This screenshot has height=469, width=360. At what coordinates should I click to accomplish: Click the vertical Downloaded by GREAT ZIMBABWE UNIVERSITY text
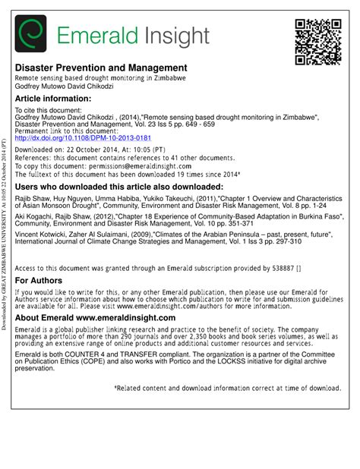(x=5, y=235)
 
